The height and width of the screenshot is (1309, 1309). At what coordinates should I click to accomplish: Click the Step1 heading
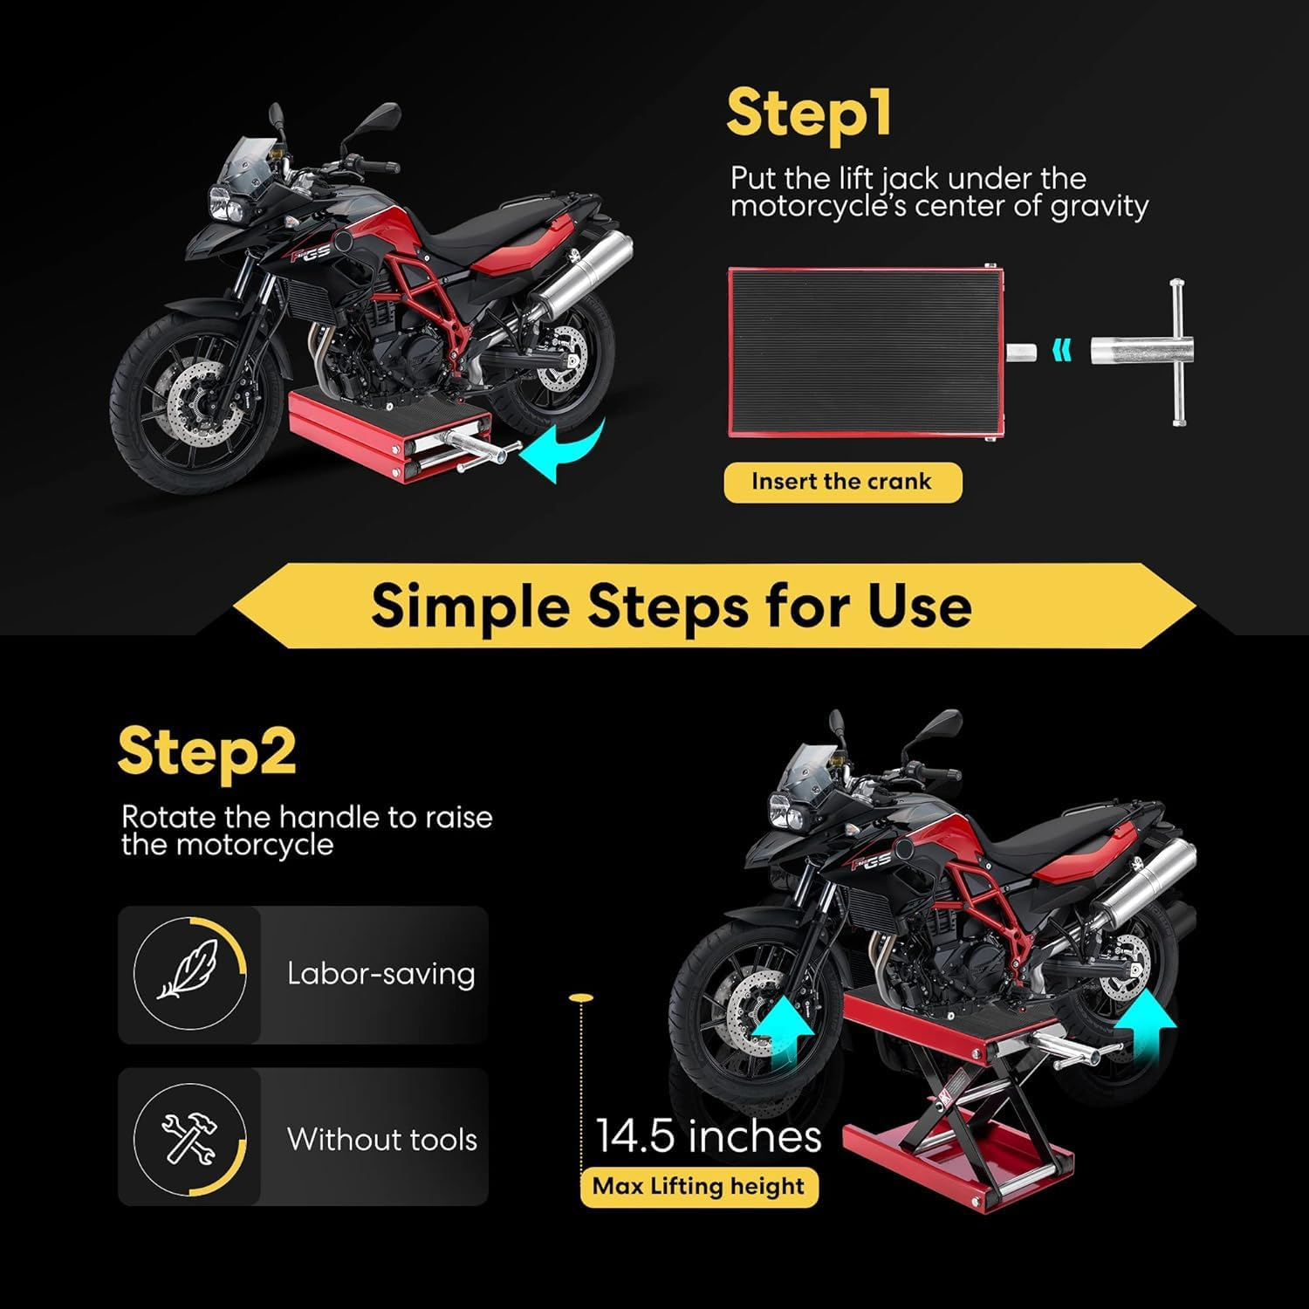tap(808, 114)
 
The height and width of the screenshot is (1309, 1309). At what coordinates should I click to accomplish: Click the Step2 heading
tap(207, 751)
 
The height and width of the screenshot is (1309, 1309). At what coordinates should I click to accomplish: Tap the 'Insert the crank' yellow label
tap(842, 482)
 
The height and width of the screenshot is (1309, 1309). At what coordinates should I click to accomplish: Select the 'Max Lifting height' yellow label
tap(698, 1187)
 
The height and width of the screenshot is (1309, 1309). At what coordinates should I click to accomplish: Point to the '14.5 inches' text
tap(708, 1137)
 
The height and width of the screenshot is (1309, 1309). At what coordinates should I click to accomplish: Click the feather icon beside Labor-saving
tap(187, 974)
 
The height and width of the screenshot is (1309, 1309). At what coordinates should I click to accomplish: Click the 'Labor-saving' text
tap(380, 974)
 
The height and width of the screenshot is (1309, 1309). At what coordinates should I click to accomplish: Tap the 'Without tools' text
tap(381, 1139)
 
